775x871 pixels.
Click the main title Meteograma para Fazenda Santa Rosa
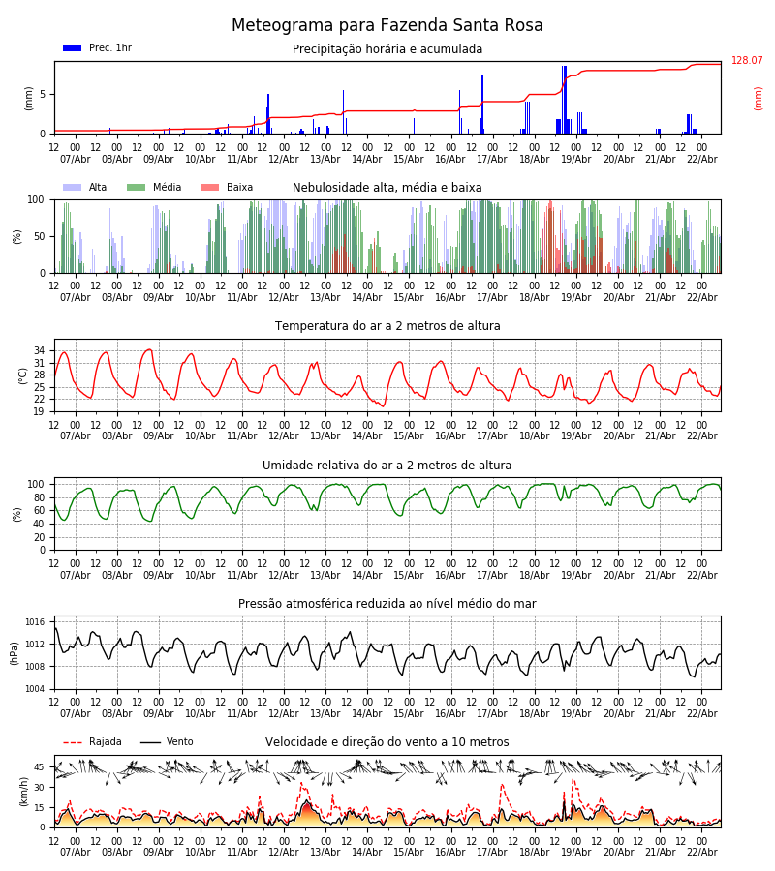(x=387, y=26)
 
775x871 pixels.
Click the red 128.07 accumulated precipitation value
(x=747, y=61)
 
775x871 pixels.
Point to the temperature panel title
(x=387, y=326)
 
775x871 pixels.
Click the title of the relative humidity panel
(x=387, y=466)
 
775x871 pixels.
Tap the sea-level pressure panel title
(x=387, y=604)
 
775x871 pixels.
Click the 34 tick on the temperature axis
(x=39, y=351)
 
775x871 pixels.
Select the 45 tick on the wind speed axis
(x=39, y=767)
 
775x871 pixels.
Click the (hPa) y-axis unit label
(x=15, y=652)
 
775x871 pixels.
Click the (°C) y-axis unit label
(x=23, y=375)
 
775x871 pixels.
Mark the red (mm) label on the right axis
(x=759, y=98)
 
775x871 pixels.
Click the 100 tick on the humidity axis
(x=36, y=484)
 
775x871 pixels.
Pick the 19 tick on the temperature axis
(x=39, y=411)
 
